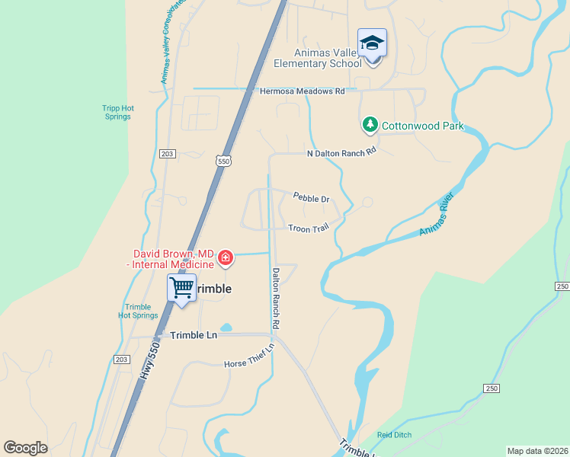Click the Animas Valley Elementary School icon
point(372,43)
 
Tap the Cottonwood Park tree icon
point(370,123)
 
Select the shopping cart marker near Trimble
point(181,288)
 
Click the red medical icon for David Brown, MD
point(225,259)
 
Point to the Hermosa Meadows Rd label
point(303,91)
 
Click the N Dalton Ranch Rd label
point(341,152)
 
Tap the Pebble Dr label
point(311,199)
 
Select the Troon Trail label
point(309,228)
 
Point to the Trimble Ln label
point(194,335)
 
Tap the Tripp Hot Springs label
point(117,112)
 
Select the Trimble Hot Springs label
point(138,311)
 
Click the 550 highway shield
point(223,161)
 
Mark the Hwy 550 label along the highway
point(149,361)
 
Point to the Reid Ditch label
point(394,435)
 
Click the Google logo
point(25,448)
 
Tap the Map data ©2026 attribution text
point(537,451)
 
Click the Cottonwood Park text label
point(422,126)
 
